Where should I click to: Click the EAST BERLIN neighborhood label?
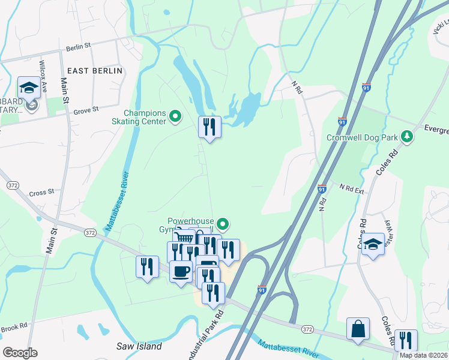point(95,71)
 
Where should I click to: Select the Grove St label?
point(85,111)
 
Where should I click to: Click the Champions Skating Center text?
point(145,117)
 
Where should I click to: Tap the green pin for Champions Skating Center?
point(175,116)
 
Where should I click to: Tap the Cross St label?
point(41,193)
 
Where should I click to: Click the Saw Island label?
point(139,346)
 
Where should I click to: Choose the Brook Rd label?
point(14,326)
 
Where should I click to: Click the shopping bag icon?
point(358,329)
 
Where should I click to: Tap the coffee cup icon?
point(181,272)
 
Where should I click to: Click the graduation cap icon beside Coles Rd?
point(373,244)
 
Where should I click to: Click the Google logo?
point(20,352)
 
